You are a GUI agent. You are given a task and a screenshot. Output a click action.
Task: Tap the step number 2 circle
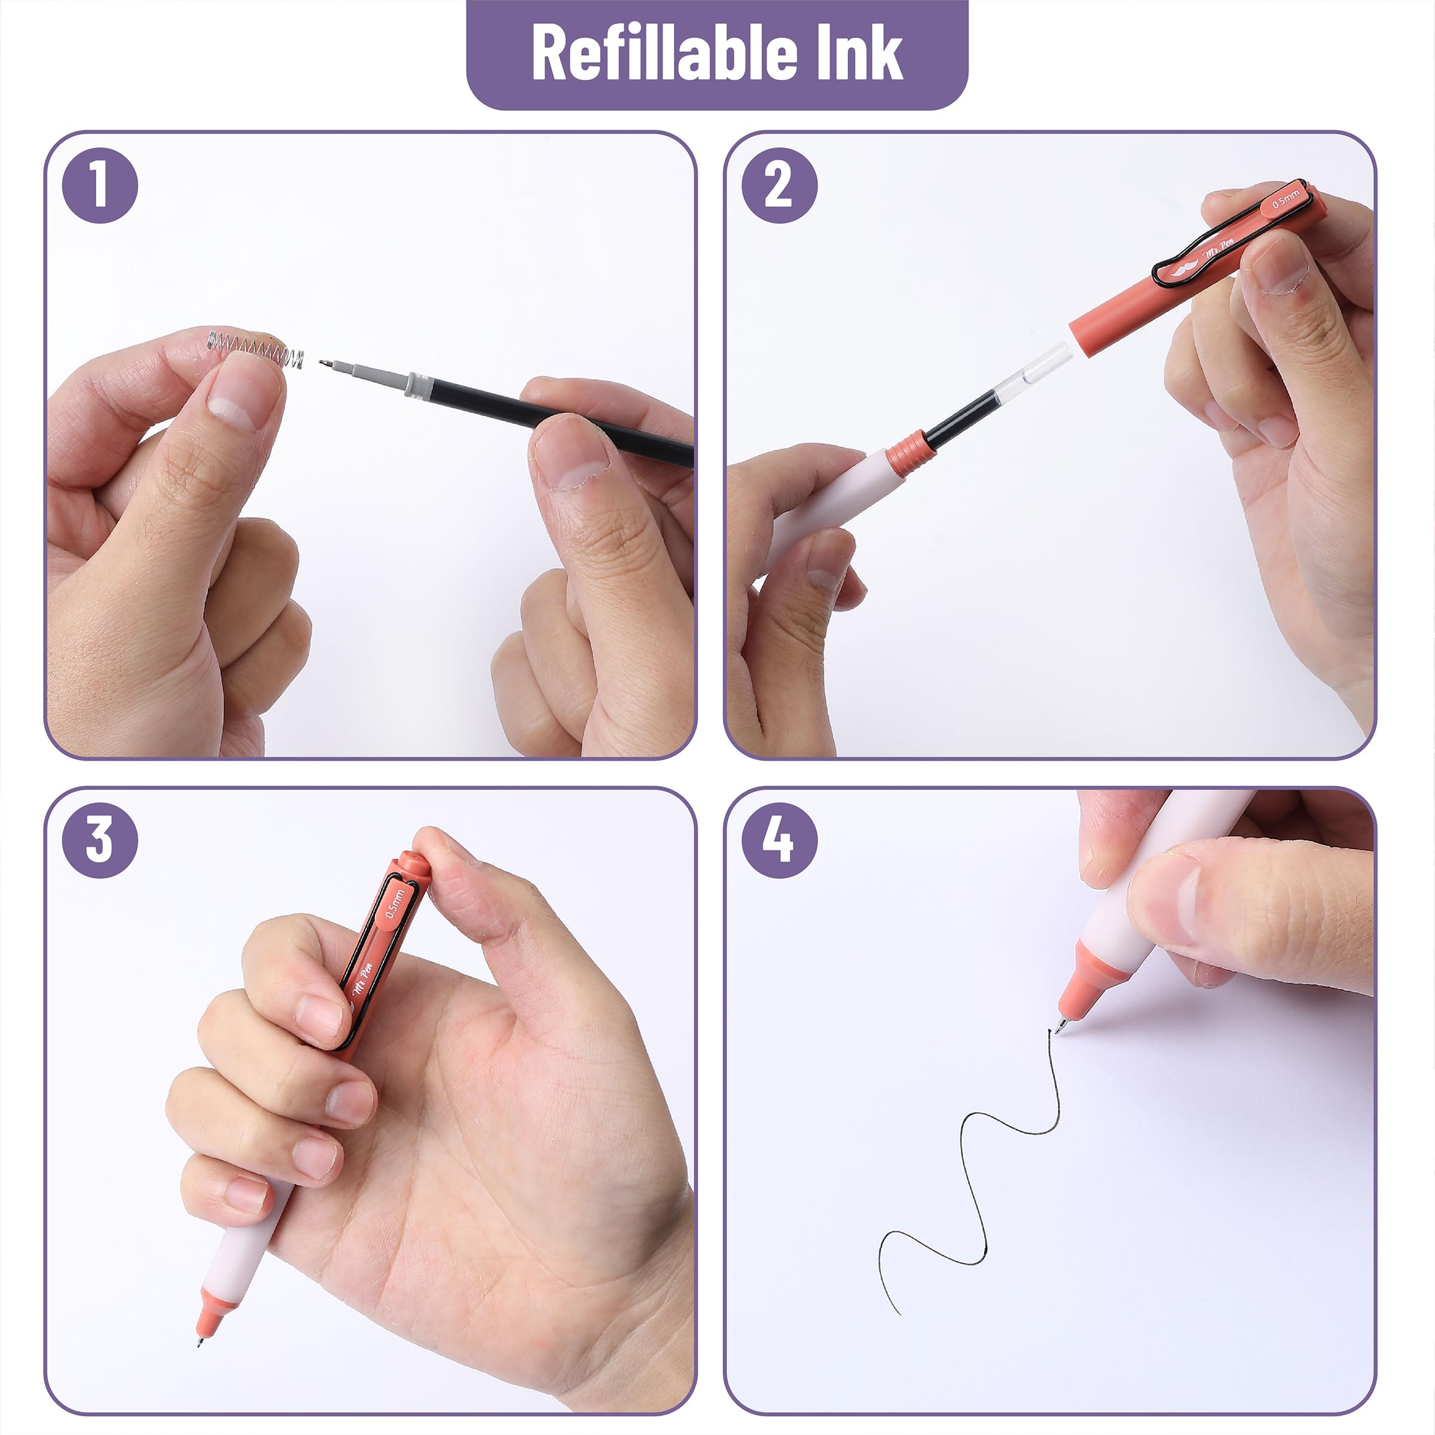pyautogui.click(x=779, y=185)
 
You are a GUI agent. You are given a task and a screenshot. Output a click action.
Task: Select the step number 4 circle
pyautogui.click(x=779, y=840)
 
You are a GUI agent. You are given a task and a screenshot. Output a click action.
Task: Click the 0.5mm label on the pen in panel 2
pyautogui.click(x=1286, y=199)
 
